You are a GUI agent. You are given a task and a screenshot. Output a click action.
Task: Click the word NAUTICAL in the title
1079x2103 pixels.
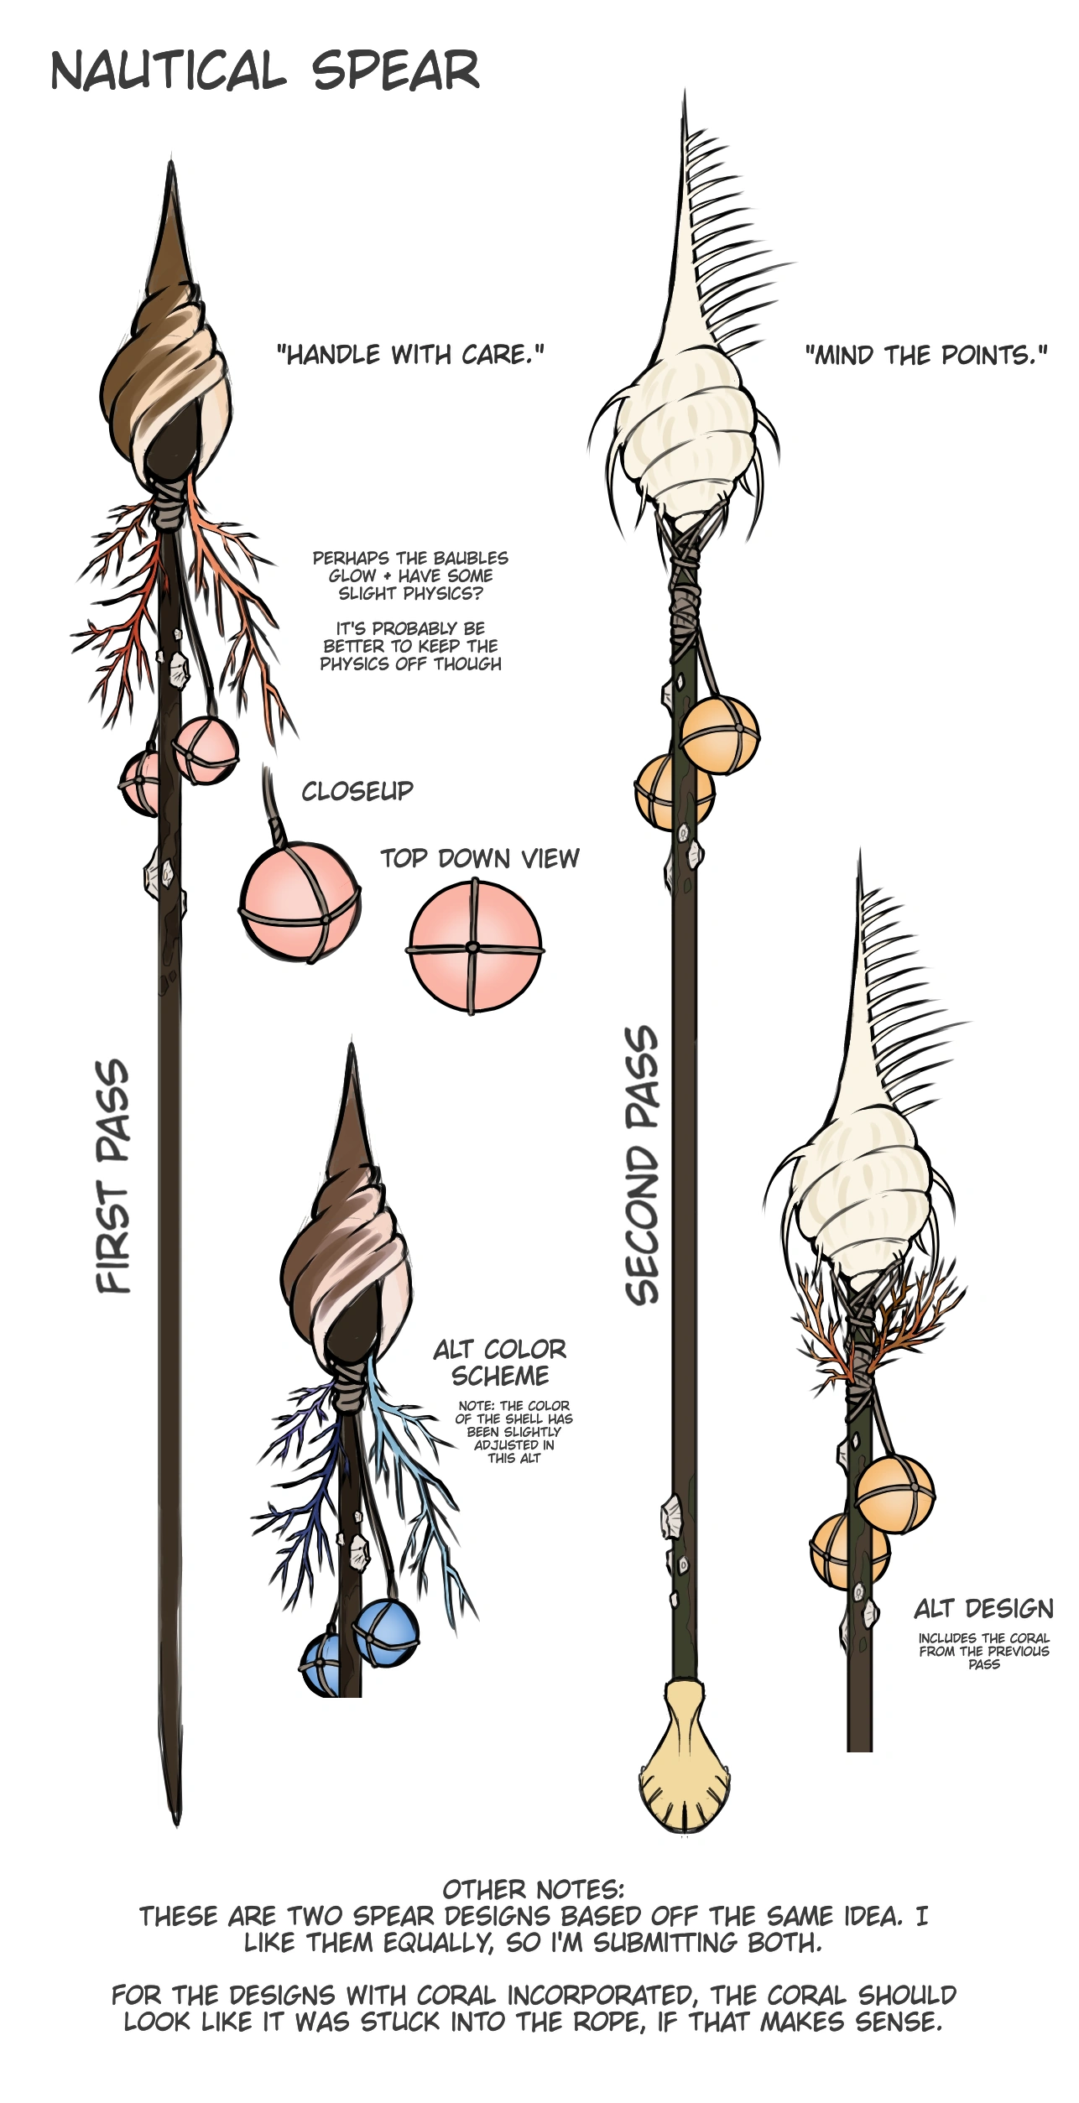tap(168, 71)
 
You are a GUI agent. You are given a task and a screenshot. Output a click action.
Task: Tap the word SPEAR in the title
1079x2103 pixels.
tap(395, 71)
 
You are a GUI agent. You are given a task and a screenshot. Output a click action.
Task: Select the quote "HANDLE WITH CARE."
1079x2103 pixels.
tap(410, 355)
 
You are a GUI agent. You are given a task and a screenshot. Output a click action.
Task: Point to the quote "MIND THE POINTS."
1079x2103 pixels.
tap(926, 356)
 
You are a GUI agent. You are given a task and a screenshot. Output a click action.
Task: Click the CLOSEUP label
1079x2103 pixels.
tap(357, 791)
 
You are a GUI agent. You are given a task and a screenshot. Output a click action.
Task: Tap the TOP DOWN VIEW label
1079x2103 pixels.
tap(479, 858)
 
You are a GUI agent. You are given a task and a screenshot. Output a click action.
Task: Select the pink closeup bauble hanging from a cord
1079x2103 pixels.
tap(300, 903)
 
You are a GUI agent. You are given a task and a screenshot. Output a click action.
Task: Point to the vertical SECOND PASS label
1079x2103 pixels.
tap(643, 1166)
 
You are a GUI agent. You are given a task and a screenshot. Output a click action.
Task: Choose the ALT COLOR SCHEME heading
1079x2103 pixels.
tap(500, 1362)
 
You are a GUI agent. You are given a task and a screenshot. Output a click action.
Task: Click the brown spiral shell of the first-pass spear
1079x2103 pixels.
tap(168, 377)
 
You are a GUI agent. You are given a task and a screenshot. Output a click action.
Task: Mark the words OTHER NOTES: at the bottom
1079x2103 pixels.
tap(534, 1890)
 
